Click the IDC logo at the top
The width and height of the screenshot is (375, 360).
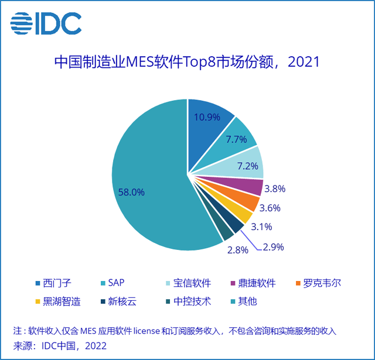pyautogui.click(x=46, y=23)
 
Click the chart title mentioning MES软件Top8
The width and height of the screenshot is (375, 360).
pyautogui.click(x=187, y=61)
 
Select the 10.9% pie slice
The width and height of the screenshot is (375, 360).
pyautogui.click(x=208, y=120)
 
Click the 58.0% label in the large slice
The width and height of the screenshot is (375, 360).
pyautogui.click(x=131, y=191)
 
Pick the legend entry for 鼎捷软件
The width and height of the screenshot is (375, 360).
pyautogui.click(x=265, y=283)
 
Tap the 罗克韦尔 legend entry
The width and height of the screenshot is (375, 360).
pyautogui.click(x=330, y=283)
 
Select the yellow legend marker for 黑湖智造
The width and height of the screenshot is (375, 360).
pyautogui.click(x=38, y=302)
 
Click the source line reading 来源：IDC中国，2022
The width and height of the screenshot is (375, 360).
pyautogui.click(x=60, y=346)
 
